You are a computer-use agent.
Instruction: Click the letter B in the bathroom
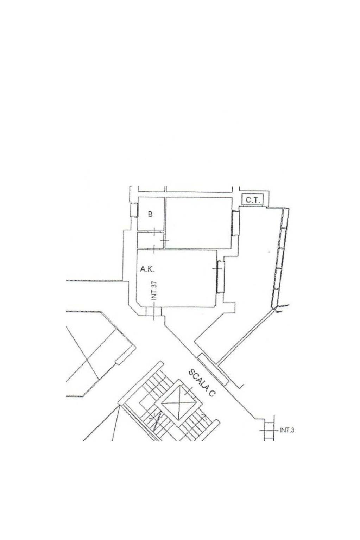150,214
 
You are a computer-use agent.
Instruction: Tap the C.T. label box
252,200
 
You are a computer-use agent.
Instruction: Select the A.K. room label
147,269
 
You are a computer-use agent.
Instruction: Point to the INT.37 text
154,291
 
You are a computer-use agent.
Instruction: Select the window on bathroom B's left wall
134,210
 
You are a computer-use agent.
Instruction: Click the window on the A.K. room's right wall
221,277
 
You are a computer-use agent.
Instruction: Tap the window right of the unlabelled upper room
235,223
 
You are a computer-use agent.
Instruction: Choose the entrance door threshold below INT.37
153,311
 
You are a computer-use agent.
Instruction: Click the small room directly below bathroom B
151,240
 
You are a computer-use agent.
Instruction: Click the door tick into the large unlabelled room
165,240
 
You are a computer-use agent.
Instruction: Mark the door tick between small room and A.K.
154,249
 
